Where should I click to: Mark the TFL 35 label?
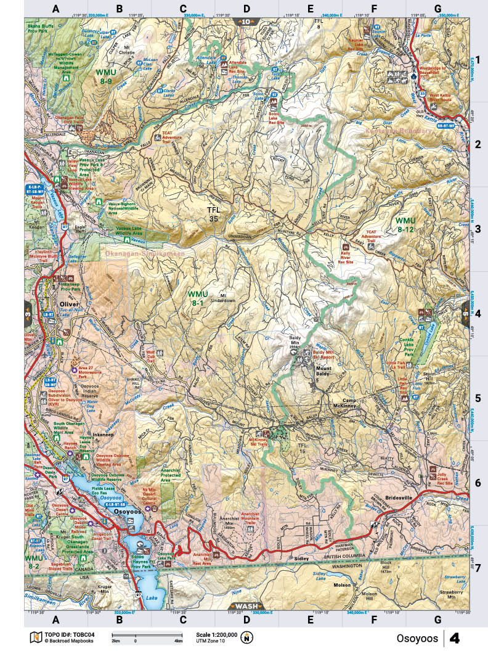[213, 214]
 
